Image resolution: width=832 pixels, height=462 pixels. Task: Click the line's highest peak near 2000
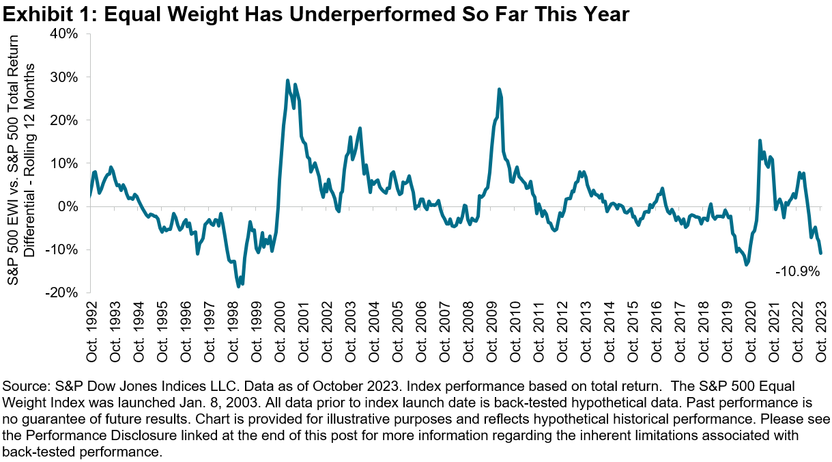287,81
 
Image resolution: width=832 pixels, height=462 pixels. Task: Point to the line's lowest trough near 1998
238,286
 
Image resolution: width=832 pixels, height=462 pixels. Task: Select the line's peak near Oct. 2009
500,89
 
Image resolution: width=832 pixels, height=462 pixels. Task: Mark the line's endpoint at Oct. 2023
820,253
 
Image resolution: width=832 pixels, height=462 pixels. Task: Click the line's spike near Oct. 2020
760,141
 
